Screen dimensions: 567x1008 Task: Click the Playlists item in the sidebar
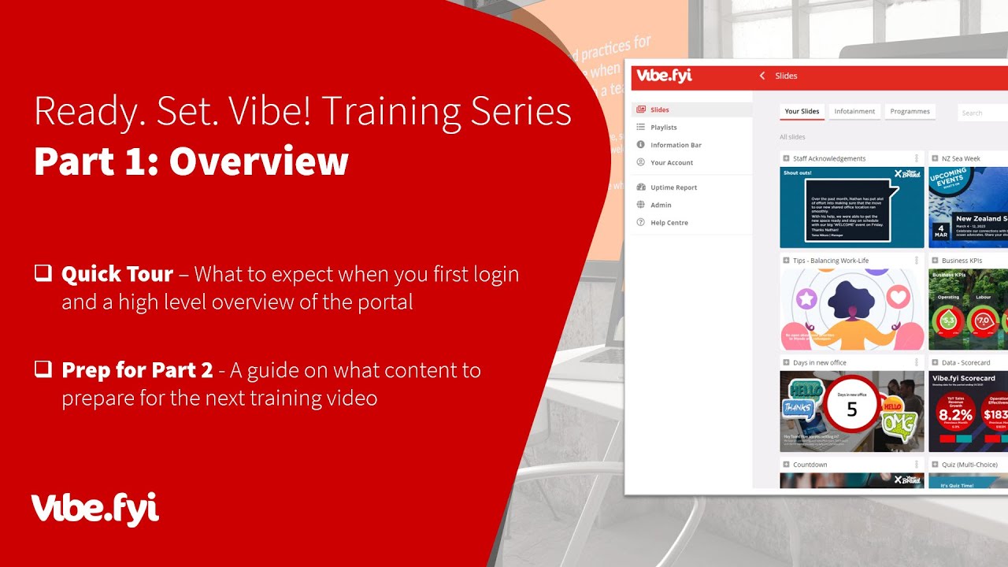[663, 128]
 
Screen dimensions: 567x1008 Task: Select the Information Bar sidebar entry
[675, 145]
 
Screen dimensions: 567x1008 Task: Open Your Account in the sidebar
[671, 163]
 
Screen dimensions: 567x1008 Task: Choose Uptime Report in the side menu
[673, 187]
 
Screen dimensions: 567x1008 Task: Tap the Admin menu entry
[661, 206]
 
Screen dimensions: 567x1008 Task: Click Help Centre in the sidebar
[669, 223]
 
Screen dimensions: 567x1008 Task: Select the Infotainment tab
[854, 112]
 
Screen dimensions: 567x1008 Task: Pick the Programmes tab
[910, 112]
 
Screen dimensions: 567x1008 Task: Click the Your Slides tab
[802, 112]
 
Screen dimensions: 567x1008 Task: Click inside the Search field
[983, 113]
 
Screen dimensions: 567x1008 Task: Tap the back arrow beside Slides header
[762, 76]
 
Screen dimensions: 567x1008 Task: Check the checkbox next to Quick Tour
[43, 273]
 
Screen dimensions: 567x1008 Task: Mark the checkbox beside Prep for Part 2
[43, 369]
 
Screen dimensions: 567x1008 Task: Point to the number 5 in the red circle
[851, 409]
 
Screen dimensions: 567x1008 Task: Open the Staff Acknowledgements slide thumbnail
[851, 207]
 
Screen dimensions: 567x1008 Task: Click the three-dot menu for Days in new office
[917, 362]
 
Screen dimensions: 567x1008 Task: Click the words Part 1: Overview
[191, 161]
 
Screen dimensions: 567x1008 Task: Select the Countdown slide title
[810, 465]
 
